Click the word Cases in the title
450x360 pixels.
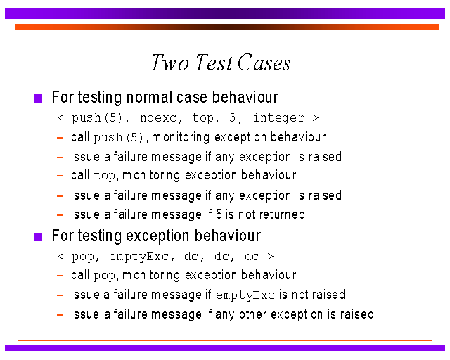pyautogui.click(x=264, y=63)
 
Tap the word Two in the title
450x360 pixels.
pyautogui.click(x=170, y=63)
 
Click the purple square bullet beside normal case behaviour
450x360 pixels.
pyautogui.click(x=38, y=98)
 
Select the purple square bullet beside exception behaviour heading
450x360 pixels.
pyautogui.click(x=38, y=237)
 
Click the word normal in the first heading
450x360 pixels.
pyautogui.click(x=149, y=97)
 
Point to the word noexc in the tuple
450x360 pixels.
pyautogui.click(x=157, y=118)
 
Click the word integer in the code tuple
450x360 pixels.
pyautogui.click(x=278, y=118)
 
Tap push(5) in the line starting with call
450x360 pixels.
pyautogui.click(x=119, y=138)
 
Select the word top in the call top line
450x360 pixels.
pyautogui.click(x=105, y=176)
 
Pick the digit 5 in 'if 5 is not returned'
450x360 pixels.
pyautogui.click(x=219, y=214)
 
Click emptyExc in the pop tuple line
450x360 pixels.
pyautogui.click(x=139, y=257)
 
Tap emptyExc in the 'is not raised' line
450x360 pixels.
pyautogui.click(x=245, y=295)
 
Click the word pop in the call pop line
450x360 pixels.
pyautogui.click(x=105, y=276)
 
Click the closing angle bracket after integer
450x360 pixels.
pyautogui.click(x=316, y=118)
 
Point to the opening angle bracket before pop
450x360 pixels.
pyautogui.click(x=60, y=256)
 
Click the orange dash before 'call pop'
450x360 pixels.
pyautogui.click(x=60, y=276)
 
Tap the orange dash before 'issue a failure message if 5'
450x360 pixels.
pyautogui.click(x=60, y=214)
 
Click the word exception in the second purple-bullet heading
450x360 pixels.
pyautogui.click(x=157, y=236)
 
